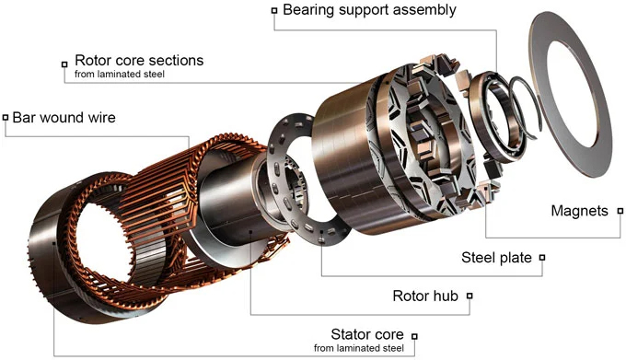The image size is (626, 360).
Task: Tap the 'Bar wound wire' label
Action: (x=64, y=118)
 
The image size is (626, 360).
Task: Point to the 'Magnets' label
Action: (x=579, y=211)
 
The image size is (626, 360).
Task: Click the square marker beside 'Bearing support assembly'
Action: (x=274, y=10)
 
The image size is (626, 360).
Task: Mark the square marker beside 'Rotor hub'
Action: (x=469, y=296)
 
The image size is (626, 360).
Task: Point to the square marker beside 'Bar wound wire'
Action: (x=6, y=118)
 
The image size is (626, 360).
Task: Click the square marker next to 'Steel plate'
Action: (x=542, y=258)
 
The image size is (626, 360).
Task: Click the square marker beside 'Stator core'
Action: (x=414, y=337)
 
